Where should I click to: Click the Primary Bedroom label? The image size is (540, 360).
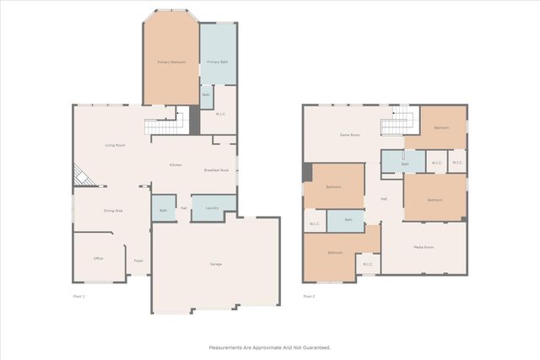[171, 62]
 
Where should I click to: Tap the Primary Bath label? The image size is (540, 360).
[218, 62]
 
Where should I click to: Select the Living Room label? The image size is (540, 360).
[116, 146]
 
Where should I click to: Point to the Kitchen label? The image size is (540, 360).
[175, 164]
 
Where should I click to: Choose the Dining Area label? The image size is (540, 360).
[113, 210]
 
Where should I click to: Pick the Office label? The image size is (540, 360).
[98, 258]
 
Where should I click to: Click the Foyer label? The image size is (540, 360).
[138, 261]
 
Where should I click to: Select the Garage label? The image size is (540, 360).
[216, 265]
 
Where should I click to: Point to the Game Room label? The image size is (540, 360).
[350, 135]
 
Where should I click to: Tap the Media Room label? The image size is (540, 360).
[424, 247]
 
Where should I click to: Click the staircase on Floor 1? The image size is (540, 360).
[162, 126]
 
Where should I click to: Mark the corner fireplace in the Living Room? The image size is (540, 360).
[82, 175]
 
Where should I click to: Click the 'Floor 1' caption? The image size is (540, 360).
[79, 296]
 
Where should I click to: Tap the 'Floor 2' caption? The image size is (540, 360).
[309, 296]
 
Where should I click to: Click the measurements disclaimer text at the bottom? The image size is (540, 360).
[270, 347]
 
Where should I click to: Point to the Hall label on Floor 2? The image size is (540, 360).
[384, 199]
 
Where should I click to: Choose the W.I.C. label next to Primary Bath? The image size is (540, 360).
[219, 115]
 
